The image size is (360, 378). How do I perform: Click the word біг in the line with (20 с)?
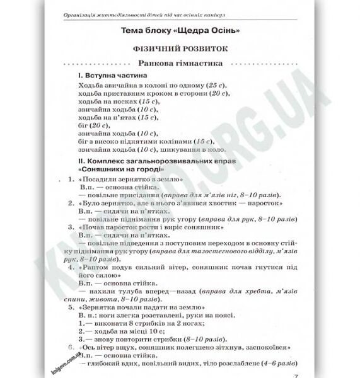coord(86,125)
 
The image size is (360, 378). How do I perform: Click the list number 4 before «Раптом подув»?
coord(70,267)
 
